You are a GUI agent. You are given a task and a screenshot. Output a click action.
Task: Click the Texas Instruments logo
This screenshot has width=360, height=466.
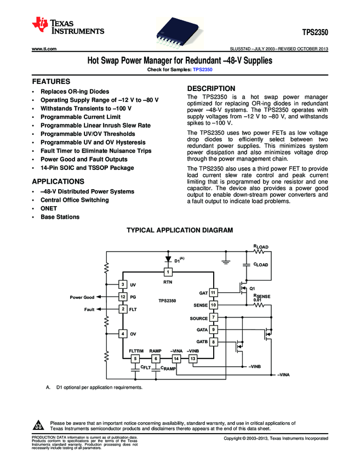tap(68, 25)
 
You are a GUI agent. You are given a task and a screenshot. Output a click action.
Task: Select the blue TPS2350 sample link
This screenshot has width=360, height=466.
tap(203, 70)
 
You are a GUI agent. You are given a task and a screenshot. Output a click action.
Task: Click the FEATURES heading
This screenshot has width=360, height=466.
tap(50, 81)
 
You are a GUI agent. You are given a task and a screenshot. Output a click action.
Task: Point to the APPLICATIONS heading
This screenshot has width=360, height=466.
tap(58, 180)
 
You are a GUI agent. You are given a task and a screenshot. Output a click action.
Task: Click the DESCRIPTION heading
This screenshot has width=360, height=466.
tap(211, 88)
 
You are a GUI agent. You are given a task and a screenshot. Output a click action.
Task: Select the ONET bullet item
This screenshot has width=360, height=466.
tap(48, 208)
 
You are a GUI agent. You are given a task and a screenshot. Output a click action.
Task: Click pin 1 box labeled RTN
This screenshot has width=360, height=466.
tap(168, 272)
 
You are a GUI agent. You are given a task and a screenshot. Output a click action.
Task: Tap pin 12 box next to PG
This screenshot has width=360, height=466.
tap(123, 297)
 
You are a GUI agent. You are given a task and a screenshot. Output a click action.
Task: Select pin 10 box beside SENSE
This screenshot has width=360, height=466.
tap(213, 304)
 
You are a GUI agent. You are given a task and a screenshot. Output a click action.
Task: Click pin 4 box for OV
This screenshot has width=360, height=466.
tap(123, 333)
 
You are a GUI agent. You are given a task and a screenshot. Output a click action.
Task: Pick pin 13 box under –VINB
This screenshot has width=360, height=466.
tap(193, 359)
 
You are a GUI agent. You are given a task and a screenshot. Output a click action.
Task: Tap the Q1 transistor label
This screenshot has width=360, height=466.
tap(252, 288)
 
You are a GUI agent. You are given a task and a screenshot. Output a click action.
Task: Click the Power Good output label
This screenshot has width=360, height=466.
tap(82, 297)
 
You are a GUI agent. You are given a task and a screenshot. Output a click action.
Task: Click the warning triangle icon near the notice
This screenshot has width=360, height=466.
tap(38, 425)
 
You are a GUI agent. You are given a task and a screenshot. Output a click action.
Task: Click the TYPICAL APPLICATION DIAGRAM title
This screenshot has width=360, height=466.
tap(180, 231)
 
